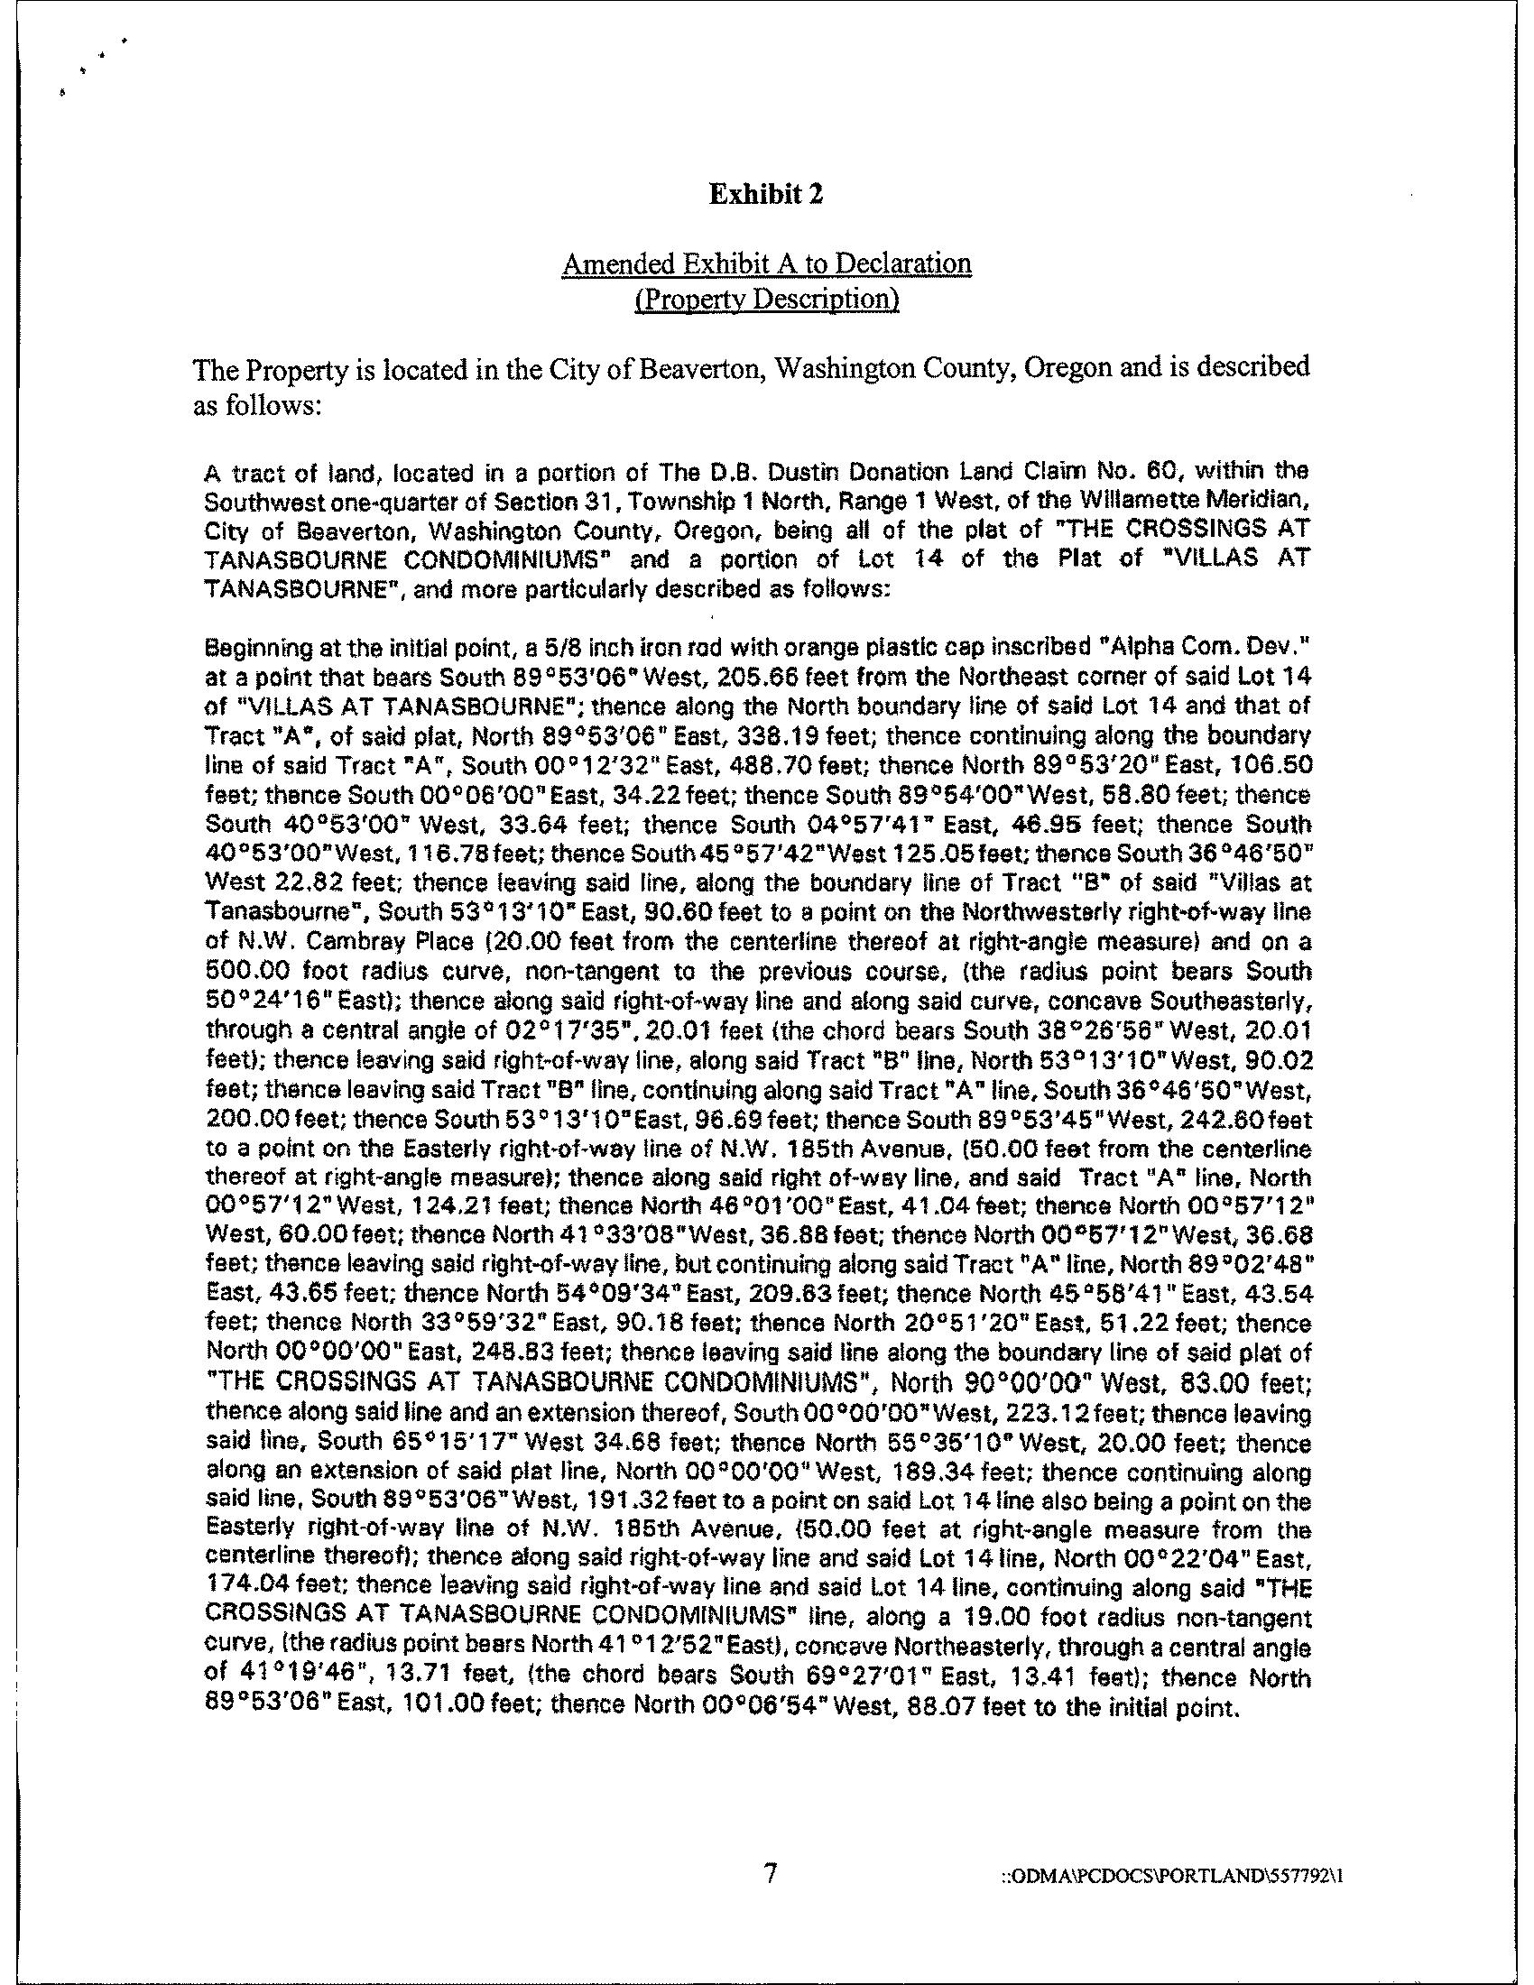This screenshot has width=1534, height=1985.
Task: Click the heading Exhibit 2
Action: click(x=766, y=195)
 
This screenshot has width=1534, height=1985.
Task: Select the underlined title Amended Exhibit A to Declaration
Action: click(x=766, y=263)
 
